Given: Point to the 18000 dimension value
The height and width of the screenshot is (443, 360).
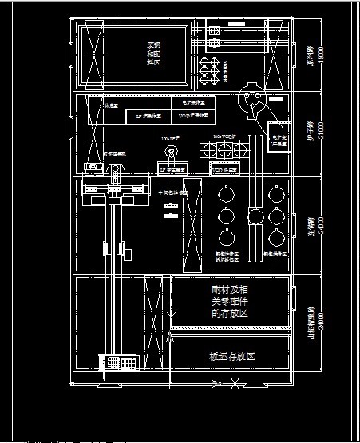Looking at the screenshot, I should pyautogui.click(x=321, y=56).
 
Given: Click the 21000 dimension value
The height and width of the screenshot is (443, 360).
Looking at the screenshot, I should pyautogui.click(x=321, y=133).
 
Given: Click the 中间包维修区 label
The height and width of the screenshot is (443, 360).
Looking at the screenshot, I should pyautogui.click(x=170, y=192).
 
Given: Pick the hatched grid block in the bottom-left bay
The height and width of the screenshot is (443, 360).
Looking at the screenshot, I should pyautogui.click(x=117, y=362).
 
